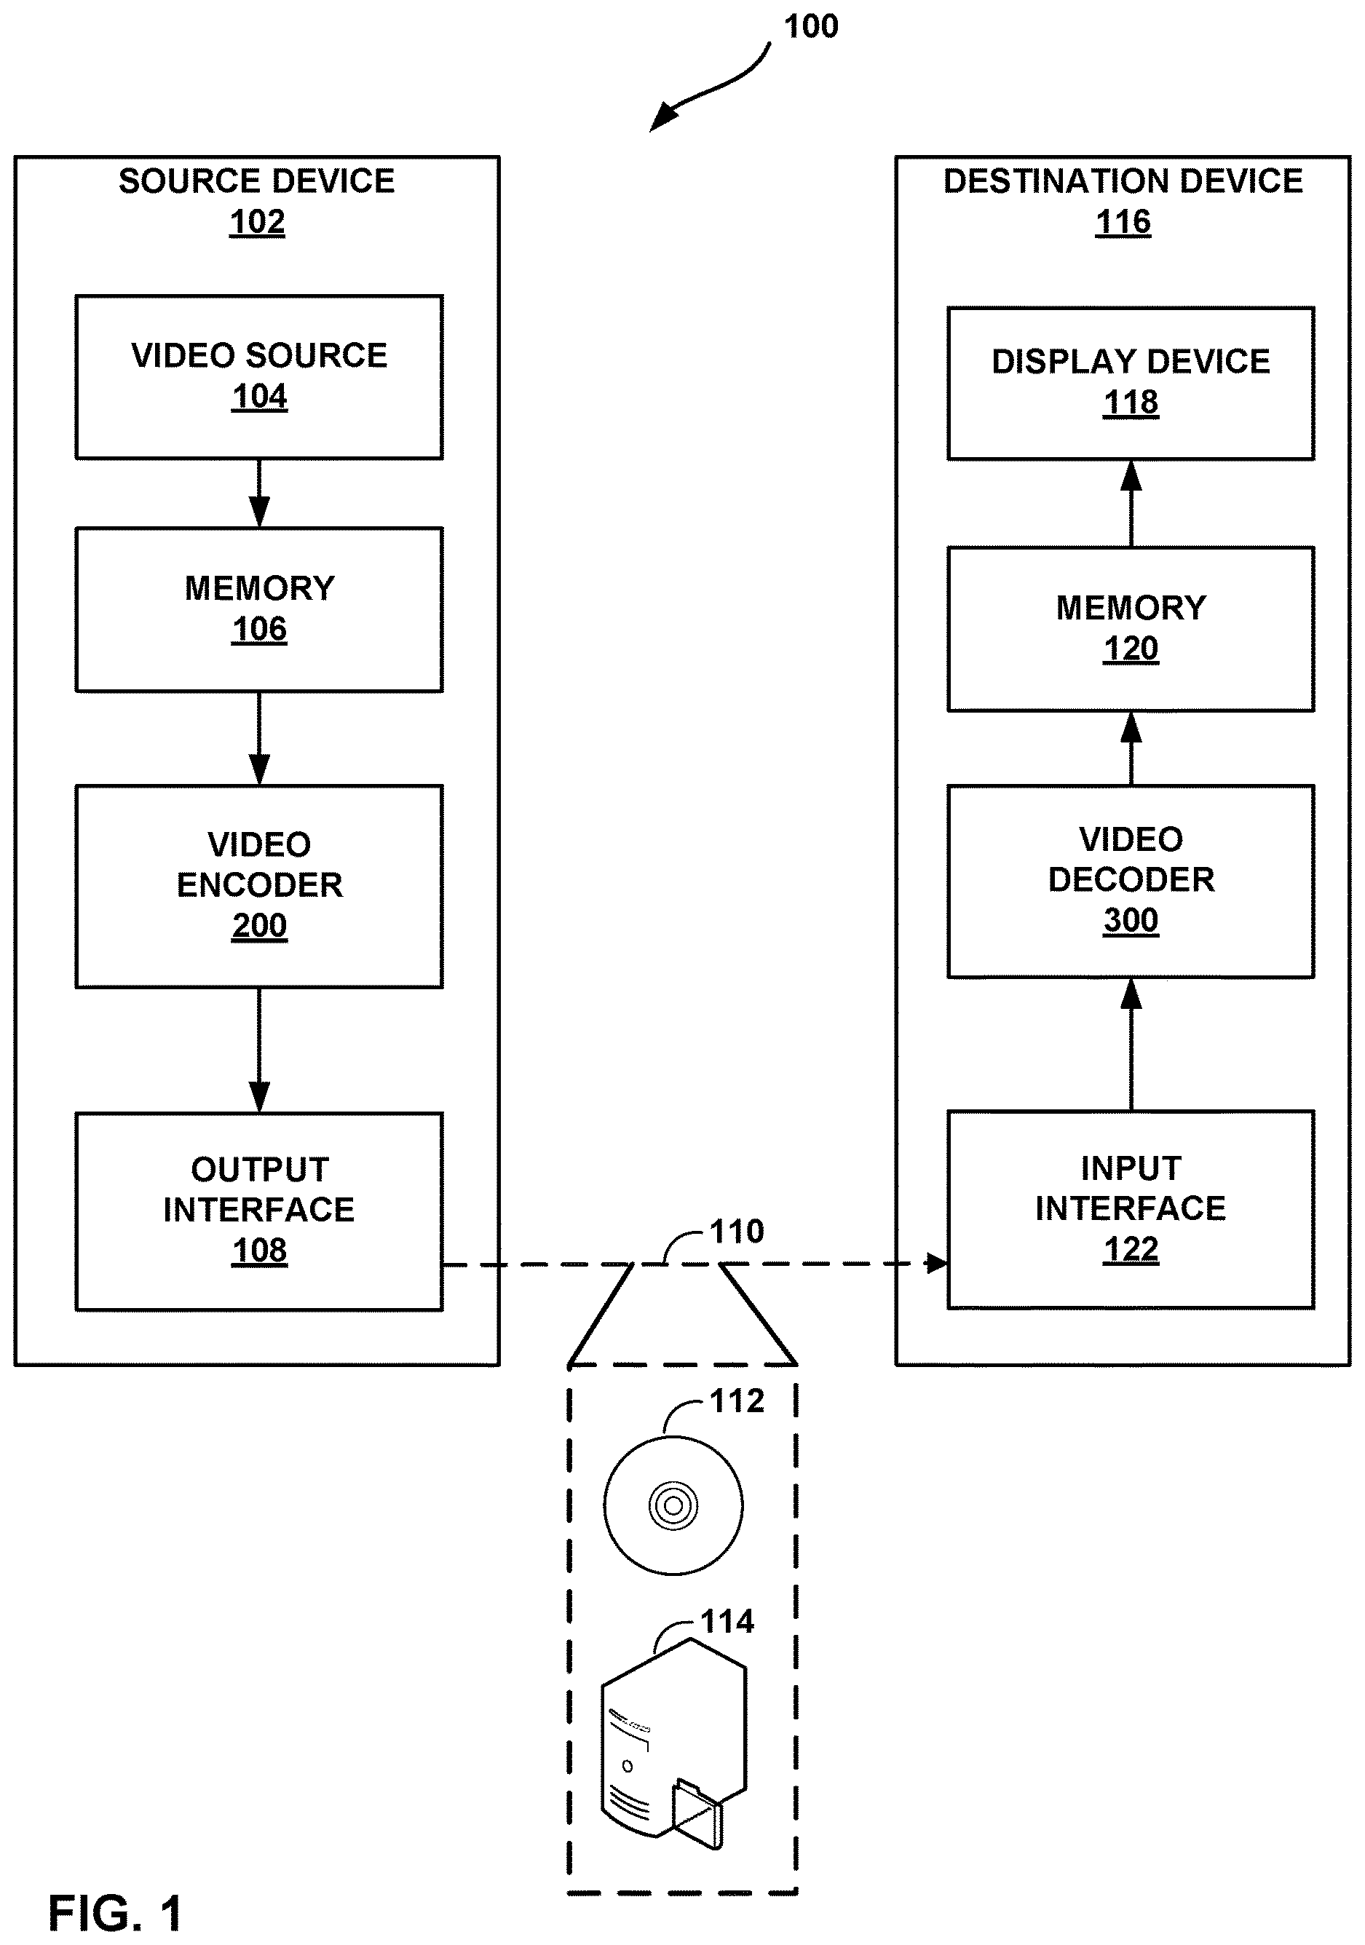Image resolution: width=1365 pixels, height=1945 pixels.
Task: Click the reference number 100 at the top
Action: (811, 26)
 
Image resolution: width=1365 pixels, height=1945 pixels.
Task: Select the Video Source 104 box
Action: (259, 377)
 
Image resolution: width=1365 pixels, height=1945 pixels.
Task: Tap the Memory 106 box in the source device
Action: (259, 610)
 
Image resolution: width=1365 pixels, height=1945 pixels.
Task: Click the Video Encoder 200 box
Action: (259, 886)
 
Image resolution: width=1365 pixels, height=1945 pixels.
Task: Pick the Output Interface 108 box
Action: (259, 1211)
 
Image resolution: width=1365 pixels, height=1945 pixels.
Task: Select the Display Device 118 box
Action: (1131, 384)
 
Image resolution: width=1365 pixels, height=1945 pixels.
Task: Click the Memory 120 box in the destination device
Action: (1131, 630)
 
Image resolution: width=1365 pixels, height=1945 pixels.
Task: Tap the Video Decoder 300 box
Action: (1131, 882)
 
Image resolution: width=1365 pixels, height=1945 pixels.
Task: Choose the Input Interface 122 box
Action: (1131, 1210)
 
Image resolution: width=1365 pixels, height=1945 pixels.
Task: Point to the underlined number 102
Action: (257, 223)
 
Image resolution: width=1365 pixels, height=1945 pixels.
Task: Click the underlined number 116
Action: (1123, 223)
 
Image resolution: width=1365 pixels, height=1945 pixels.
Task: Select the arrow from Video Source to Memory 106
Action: (259, 494)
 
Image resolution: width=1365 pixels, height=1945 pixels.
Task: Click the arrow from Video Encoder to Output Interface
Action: (259, 1050)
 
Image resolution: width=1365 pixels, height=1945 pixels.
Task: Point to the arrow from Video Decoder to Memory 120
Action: (1131, 749)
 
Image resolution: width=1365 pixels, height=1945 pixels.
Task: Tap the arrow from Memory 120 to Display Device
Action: (1131, 504)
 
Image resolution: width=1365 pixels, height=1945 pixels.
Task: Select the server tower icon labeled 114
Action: (673, 1743)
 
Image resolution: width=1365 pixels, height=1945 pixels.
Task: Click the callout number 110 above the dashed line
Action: (736, 1232)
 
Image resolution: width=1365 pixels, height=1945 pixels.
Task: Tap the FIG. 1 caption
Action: (115, 1913)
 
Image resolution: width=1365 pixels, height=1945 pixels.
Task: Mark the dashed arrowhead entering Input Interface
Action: (936, 1263)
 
